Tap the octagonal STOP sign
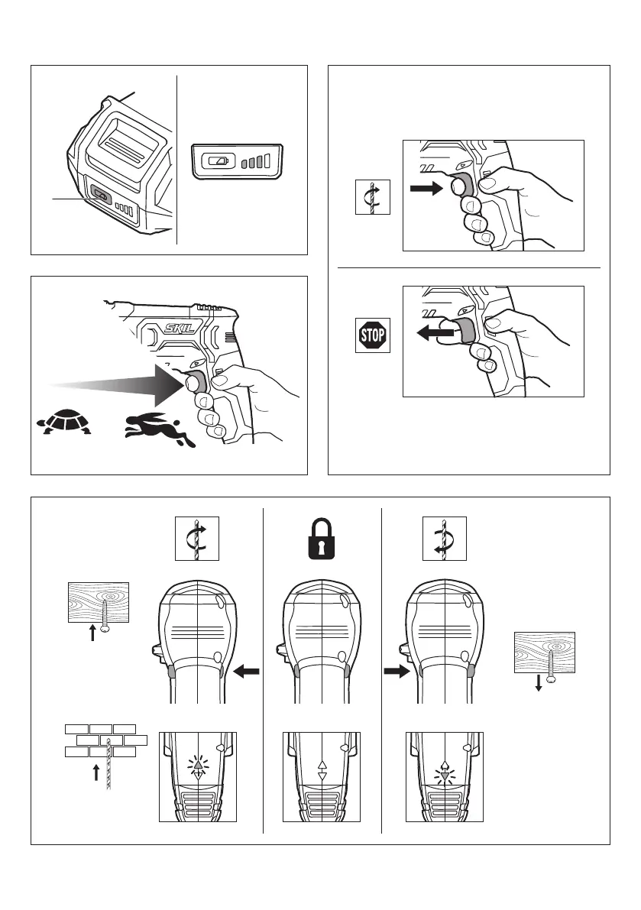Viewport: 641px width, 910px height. point(373,335)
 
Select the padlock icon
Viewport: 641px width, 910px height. point(322,539)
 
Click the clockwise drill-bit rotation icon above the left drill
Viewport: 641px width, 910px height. point(196,539)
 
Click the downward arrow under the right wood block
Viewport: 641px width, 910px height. point(539,684)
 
